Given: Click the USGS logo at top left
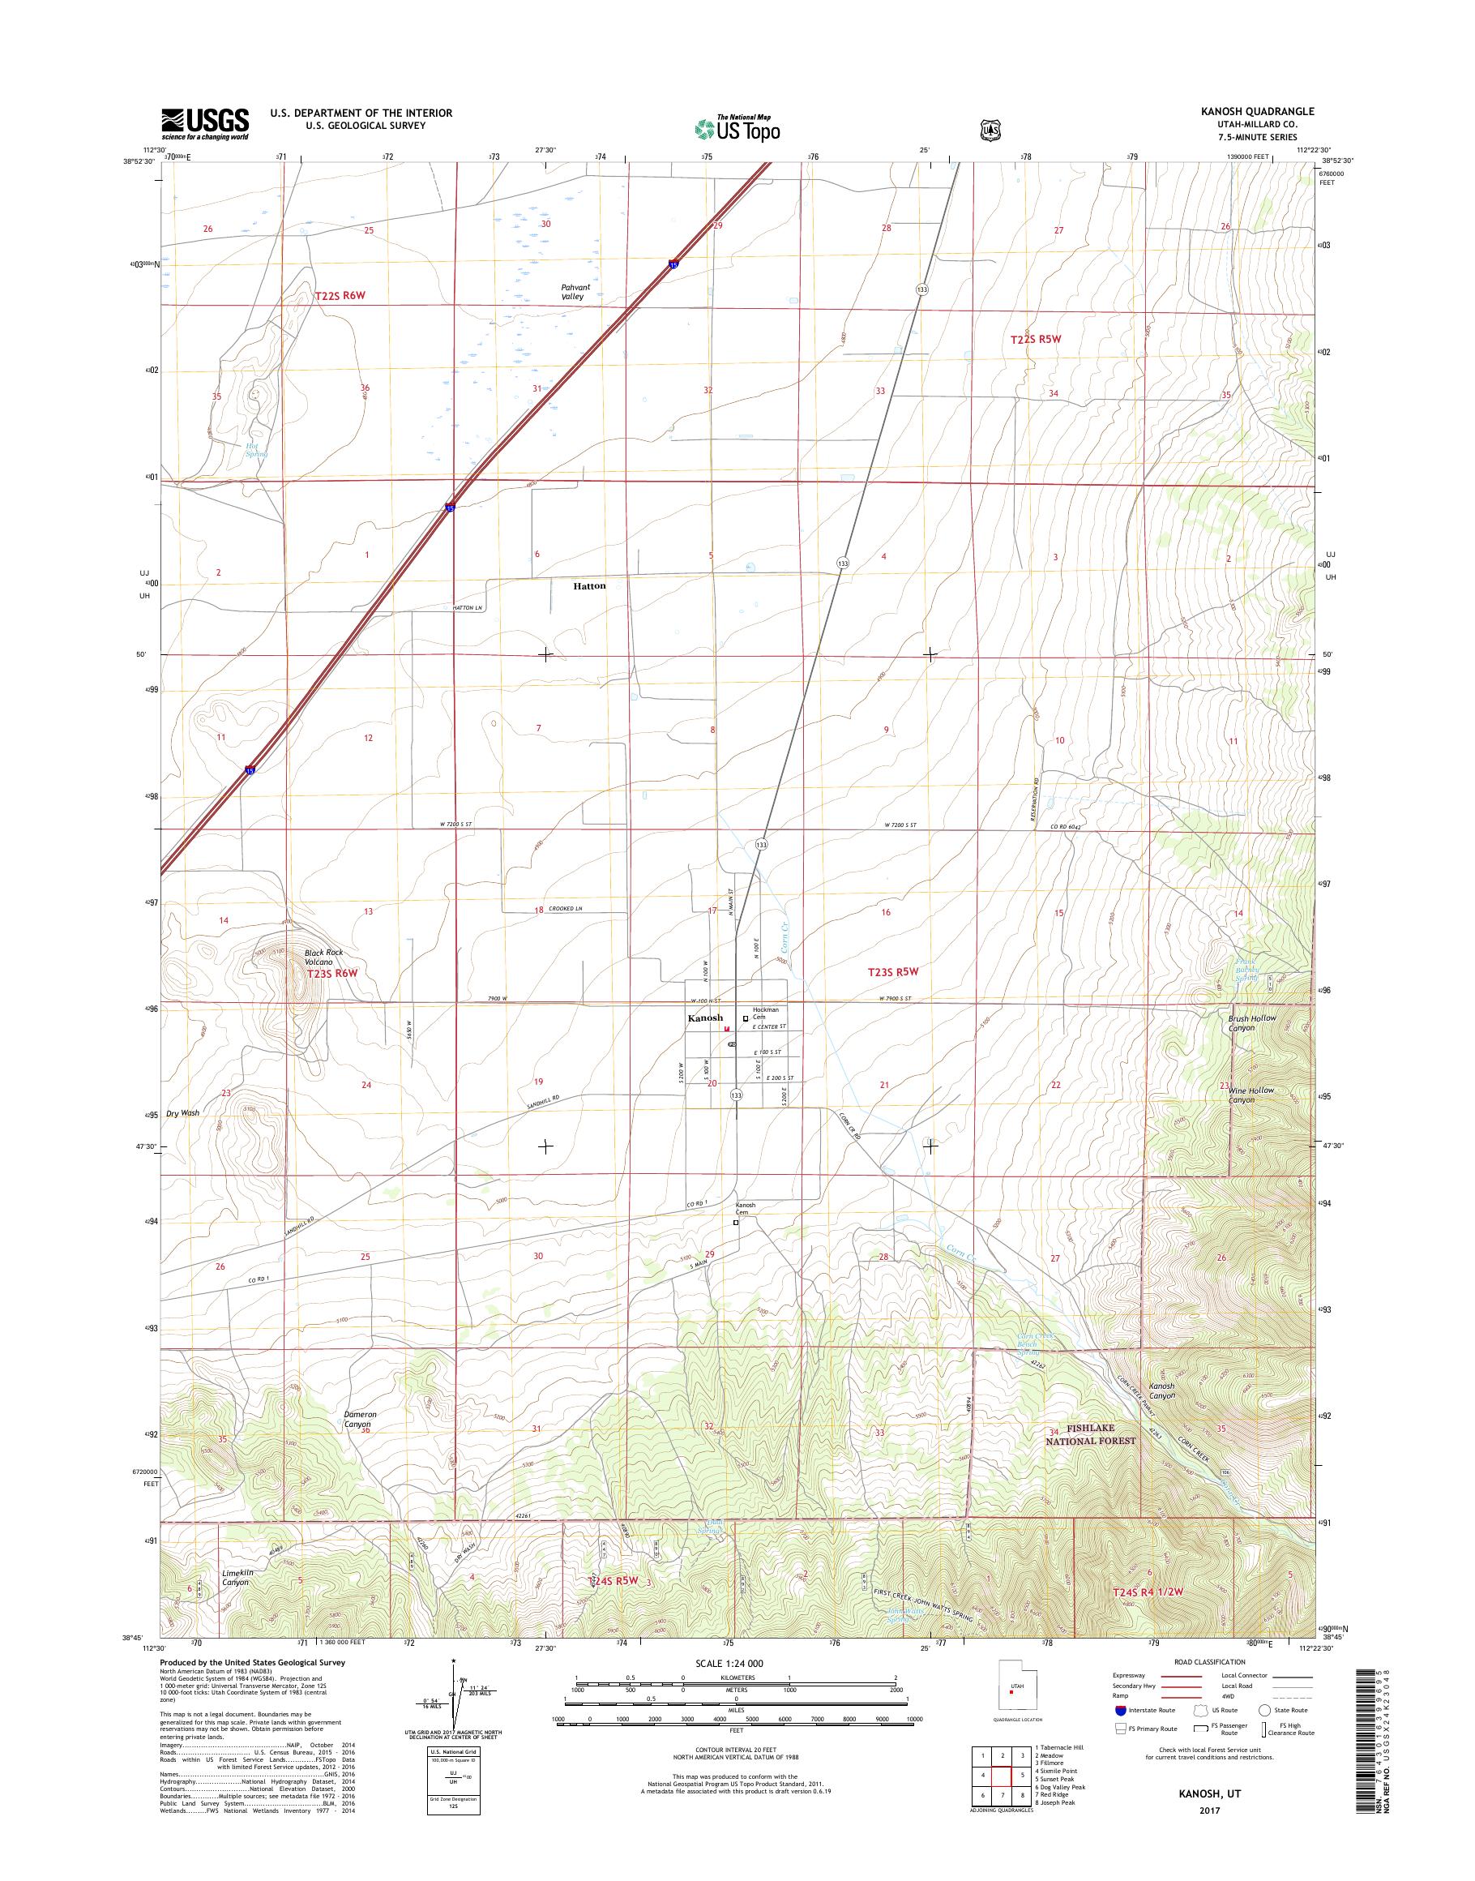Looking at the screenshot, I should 205,124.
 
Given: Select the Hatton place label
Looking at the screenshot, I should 590,586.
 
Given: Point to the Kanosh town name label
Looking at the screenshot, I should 705,1018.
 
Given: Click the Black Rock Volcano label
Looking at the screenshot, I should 323,957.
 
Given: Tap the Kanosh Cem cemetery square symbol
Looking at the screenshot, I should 737,1223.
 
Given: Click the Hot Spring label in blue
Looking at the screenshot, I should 256,449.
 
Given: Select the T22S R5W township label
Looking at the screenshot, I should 1035,340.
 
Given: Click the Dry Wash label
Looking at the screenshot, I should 182,1113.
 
